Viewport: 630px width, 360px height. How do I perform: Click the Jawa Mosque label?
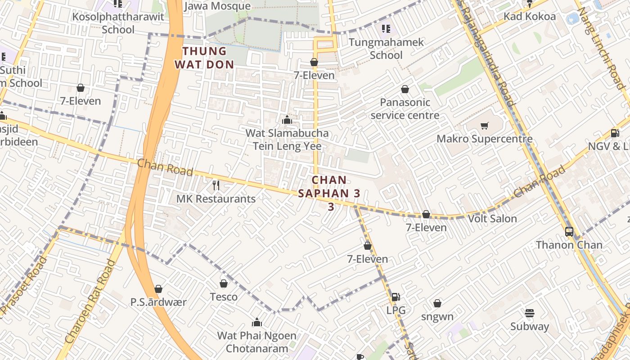[217, 6]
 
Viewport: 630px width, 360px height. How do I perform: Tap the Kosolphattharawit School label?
[118, 23]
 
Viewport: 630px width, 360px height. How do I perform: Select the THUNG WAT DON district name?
[204, 58]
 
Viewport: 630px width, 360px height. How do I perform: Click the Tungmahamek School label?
[387, 49]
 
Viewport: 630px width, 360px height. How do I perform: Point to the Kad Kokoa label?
[530, 17]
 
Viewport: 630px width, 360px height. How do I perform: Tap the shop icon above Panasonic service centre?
[405, 89]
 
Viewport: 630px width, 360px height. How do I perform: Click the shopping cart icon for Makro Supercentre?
[485, 126]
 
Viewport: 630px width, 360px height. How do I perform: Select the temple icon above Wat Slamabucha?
[287, 120]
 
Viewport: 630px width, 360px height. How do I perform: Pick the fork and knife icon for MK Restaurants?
[216, 185]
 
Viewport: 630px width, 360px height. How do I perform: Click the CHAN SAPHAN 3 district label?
[330, 193]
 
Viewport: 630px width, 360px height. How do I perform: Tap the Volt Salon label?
[492, 219]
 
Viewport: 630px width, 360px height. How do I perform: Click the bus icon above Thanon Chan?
[569, 232]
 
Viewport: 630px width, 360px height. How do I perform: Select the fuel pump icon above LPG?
[396, 297]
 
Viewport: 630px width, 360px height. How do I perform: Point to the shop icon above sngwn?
[437, 303]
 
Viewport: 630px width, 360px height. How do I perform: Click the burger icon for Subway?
[530, 313]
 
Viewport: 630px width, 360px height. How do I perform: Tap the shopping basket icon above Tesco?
[224, 283]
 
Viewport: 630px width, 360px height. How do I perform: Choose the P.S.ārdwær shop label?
[158, 302]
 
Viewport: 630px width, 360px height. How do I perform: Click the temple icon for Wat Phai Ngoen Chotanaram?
[257, 322]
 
